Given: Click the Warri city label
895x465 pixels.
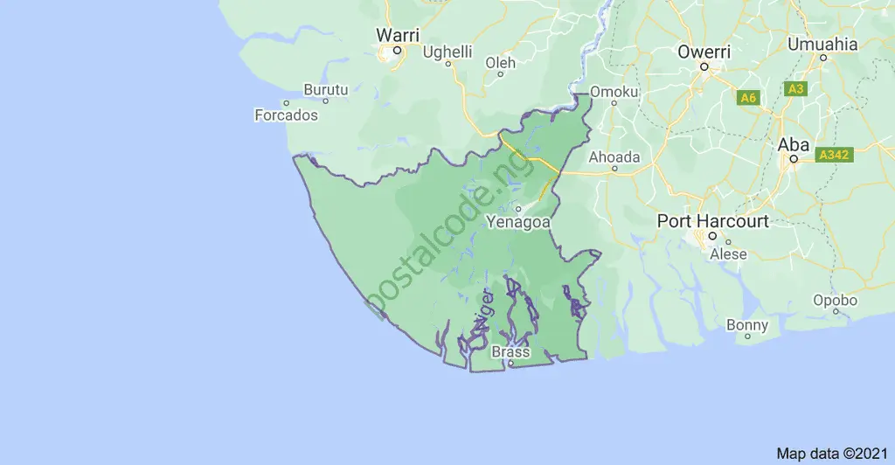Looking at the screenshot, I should click(x=398, y=35).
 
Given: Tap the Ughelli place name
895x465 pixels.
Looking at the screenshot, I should click(x=447, y=52).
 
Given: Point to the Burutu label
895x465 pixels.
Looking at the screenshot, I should click(x=326, y=89).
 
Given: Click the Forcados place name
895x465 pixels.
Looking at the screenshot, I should click(x=286, y=115).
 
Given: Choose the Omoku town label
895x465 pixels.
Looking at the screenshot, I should click(x=615, y=91).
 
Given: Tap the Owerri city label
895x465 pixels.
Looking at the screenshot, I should click(x=704, y=52).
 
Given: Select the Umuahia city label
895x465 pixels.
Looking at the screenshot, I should click(x=822, y=44).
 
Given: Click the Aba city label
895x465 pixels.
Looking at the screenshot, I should click(x=794, y=145).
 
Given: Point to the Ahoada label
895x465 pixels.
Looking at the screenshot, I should click(x=614, y=157).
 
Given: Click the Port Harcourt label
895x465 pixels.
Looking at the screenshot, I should click(x=713, y=221).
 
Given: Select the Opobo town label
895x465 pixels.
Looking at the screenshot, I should click(x=835, y=300).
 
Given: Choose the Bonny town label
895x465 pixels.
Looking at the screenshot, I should click(x=747, y=325).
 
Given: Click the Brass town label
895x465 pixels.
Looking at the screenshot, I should click(x=511, y=351).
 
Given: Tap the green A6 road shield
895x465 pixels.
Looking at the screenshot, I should click(x=747, y=98).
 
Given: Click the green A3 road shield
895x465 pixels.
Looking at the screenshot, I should click(x=795, y=89).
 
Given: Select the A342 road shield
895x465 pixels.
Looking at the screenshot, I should click(x=834, y=155).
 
